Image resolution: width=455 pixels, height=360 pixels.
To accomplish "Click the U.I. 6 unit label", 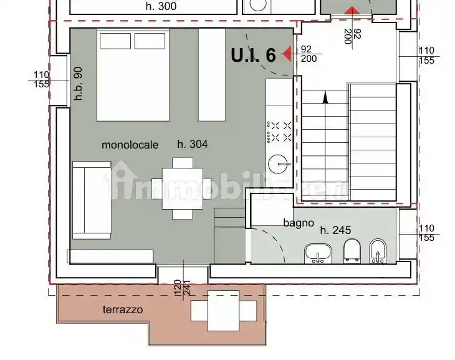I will [253, 55].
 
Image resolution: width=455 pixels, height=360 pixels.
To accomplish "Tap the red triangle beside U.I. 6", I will [287, 54].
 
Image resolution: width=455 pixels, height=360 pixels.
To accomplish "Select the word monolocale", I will [130, 145].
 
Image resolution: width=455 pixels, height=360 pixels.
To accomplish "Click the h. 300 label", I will [161, 7].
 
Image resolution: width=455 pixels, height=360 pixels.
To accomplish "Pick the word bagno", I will [294, 223].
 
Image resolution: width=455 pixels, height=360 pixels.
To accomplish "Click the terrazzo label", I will [123, 309].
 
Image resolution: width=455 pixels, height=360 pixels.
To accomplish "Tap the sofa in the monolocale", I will [91, 200].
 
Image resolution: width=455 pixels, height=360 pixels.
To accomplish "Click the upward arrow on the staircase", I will [324, 97].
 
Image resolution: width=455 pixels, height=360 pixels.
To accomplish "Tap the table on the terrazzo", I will [224, 310].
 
